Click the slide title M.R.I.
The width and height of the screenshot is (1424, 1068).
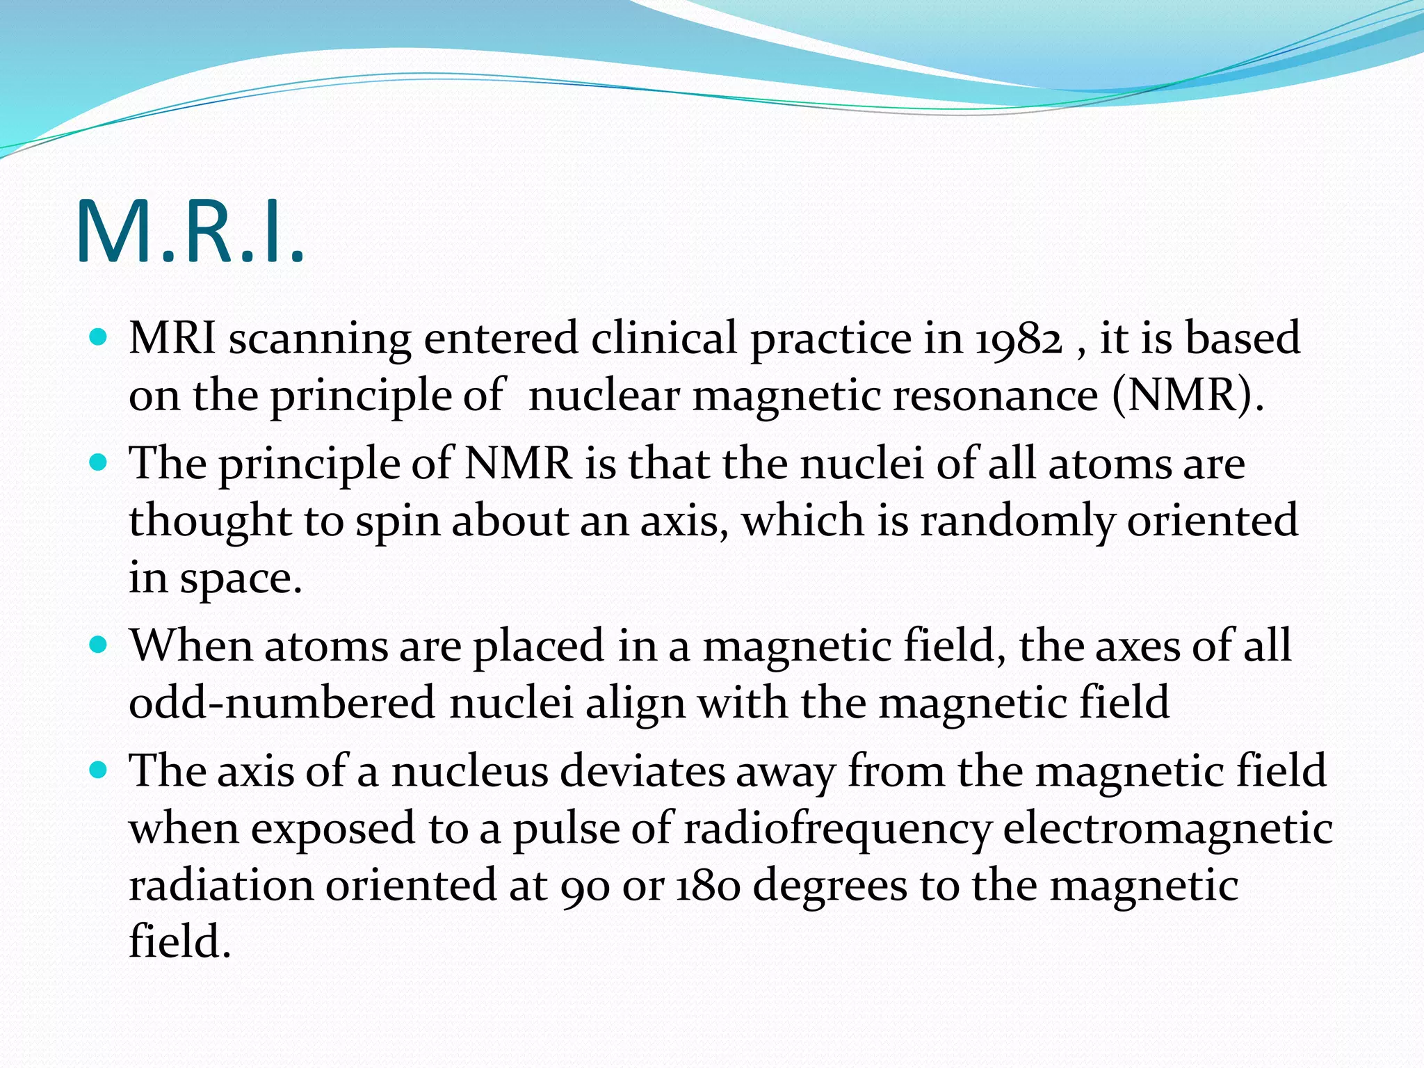(189, 232)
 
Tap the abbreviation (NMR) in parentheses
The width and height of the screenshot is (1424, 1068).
(1188, 396)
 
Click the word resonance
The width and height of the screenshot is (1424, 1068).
(995, 396)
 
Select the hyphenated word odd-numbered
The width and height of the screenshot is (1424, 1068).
(282, 703)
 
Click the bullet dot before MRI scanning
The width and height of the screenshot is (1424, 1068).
(99, 339)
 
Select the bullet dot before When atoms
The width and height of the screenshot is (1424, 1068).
(99, 645)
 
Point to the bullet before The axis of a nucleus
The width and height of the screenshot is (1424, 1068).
(99, 770)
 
